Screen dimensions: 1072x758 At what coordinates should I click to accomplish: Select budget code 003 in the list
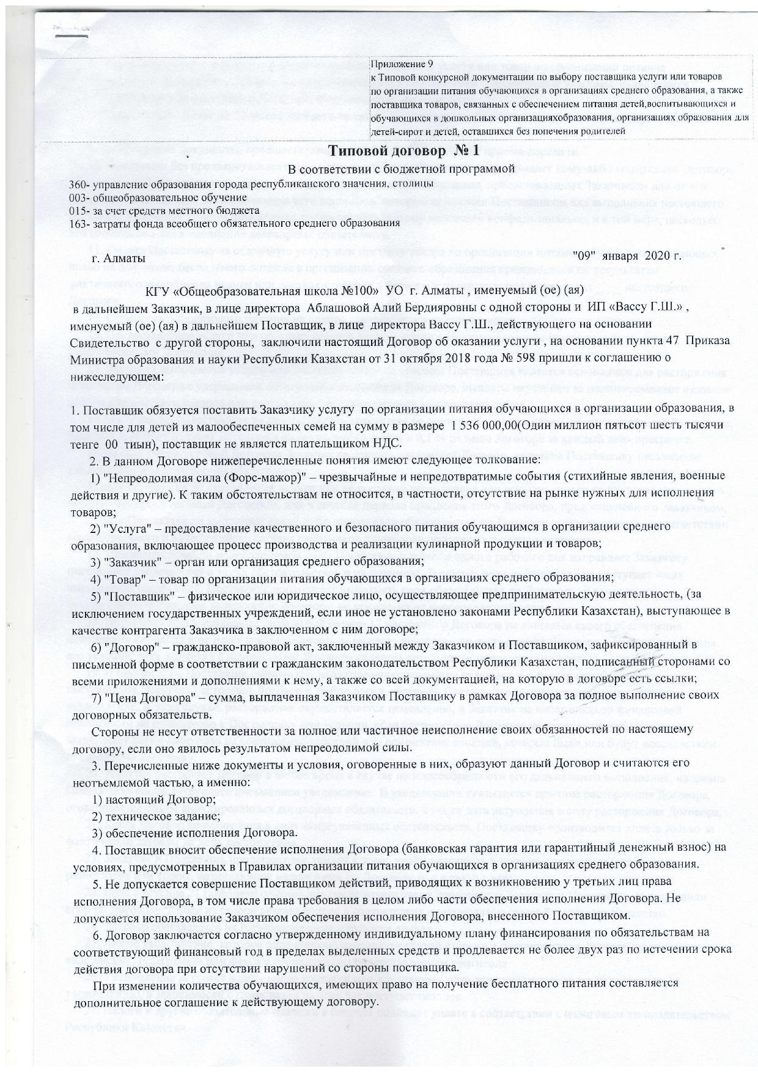pyautogui.click(x=78, y=197)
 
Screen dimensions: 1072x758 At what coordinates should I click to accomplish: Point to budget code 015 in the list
pyautogui.click(x=78, y=210)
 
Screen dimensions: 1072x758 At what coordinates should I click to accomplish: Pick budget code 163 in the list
pyautogui.click(x=78, y=223)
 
